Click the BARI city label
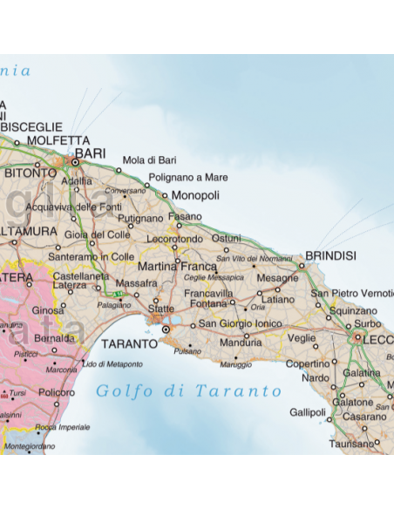(x=91, y=153)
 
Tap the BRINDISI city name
(x=330, y=256)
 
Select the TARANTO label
(x=128, y=343)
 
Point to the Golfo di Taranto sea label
(x=189, y=391)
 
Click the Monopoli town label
(x=195, y=195)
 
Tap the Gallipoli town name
(x=307, y=411)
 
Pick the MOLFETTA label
(x=58, y=139)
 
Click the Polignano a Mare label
(x=188, y=178)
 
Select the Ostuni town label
(x=226, y=238)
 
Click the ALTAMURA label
(x=30, y=233)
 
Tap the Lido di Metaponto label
(x=112, y=363)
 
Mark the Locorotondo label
(x=175, y=238)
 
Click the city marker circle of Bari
(x=76, y=161)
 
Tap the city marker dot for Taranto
(x=165, y=329)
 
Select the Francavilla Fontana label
(x=207, y=299)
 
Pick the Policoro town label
(x=57, y=393)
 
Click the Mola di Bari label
(x=149, y=160)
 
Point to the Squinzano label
(x=353, y=310)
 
